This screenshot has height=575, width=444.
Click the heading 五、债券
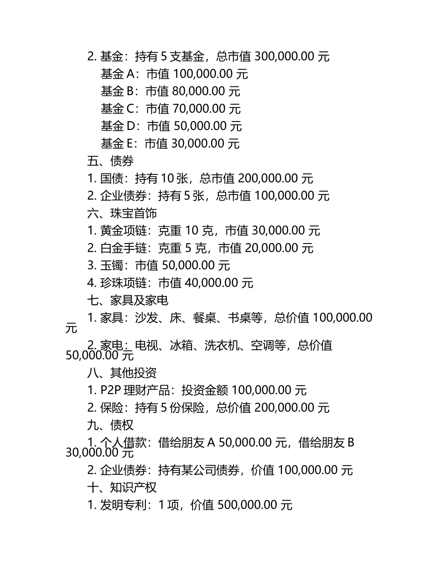pyautogui.click(x=110, y=161)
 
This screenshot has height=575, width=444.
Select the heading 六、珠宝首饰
pyautogui.click(x=122, y=213)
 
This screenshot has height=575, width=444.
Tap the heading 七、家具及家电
pyautogui.click(x=128, y=300)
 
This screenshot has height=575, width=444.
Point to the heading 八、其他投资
pyautogui.click(x=122, y=373)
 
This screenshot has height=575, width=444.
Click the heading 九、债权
pyautogui.click(x=110, y=425)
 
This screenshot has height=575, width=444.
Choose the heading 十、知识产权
pyautogui.click(x=122, y=488)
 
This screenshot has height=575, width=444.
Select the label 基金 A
pyautogui.click(x=118, y=74)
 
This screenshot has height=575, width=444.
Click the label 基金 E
pyautogui.click(x=117, y=144)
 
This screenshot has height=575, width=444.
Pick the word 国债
pyautogui.click(x=112, y=179)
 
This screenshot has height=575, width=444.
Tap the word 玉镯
pyautogui.click(x=112, y=266)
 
